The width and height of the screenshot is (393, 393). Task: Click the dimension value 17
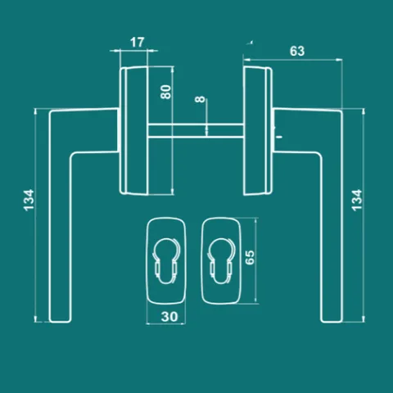(137, 43)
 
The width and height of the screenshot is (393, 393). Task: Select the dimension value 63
(297, 51)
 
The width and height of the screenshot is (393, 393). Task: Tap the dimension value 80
(165, 92)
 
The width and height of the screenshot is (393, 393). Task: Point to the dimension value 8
(200, 99)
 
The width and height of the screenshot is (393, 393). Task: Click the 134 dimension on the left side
(29, 200)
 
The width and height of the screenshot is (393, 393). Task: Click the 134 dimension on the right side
(357, 200)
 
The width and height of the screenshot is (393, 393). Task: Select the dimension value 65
(250, 257)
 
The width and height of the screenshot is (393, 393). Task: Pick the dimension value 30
(169, 317)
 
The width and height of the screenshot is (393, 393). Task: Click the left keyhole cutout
(165, 260)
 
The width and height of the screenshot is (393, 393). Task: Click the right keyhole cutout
(221, 260)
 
